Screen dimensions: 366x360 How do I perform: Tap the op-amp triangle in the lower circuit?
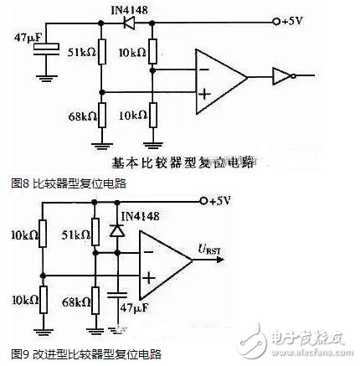click(x=162, y=261)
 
